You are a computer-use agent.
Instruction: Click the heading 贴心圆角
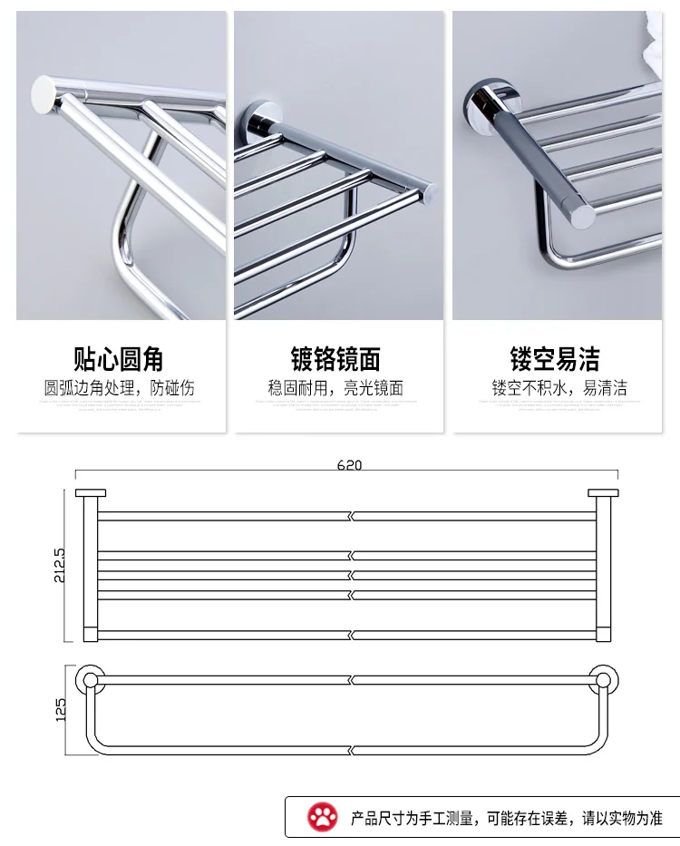119,359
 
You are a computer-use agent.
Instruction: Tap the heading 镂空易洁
555,359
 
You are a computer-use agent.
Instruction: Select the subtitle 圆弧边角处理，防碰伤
119,388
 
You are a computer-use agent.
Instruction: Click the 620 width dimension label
349,465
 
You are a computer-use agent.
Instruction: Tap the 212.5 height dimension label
60,564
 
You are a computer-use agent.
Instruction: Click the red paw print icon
322,817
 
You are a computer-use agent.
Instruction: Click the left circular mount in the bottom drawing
89,679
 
